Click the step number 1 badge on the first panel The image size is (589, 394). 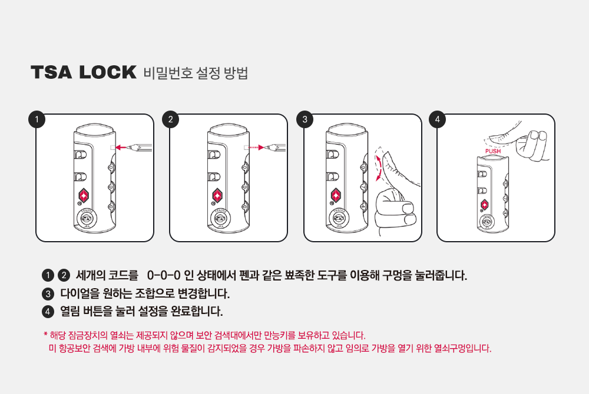[37, 119]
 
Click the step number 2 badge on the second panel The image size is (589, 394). [171, 119]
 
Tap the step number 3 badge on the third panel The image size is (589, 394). [305, 119]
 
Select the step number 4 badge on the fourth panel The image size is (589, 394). [437, 119]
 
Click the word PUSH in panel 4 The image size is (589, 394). [493, 151]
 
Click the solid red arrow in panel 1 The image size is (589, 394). [122, 148]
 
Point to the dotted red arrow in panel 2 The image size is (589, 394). [256, 148]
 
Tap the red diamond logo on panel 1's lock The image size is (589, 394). [84, 195]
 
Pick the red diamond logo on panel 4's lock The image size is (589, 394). [485, 205]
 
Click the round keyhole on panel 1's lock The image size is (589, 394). [86, 218]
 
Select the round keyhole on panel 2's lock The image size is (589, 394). [220, 218]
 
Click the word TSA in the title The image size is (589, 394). [51, 72]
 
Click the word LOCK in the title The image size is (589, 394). [108, 72]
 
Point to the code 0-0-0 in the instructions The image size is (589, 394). [164, 275]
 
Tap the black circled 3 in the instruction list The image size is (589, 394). [48, 294]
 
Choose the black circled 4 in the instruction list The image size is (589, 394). [48, 312]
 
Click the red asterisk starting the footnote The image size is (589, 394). [45, 333]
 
